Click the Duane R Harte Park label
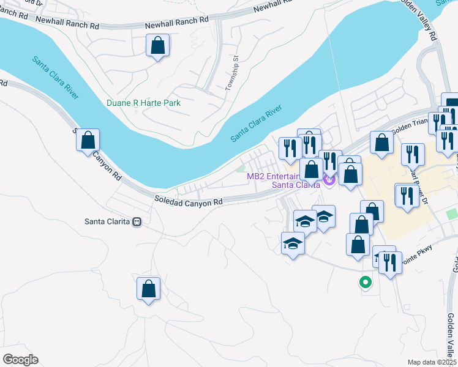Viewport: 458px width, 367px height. tap(143, 103)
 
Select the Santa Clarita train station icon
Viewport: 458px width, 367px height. tap(137, 221)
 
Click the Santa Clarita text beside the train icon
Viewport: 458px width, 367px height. tap(108, 221)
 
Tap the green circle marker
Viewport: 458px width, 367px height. tap(365, 282)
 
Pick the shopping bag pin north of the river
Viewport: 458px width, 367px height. tap(158, 45)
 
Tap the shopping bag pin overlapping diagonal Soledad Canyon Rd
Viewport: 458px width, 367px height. tap(88, 139)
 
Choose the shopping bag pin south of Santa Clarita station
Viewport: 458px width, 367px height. tap(148, 289)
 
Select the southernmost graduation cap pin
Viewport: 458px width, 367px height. tap(293, 243)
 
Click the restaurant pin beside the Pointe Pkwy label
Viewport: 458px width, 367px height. tap(390, 263)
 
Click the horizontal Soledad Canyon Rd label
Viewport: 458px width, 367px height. tap(188, 201)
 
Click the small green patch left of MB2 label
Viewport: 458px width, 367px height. tap(241, 169)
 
